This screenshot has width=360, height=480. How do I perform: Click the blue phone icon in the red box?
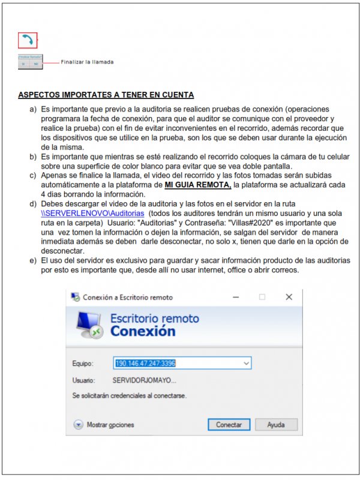(28, 40)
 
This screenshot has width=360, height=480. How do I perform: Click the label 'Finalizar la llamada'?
(87, 62)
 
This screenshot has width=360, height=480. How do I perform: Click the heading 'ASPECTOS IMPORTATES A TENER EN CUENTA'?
(106, 95)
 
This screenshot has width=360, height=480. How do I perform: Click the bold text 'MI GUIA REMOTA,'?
(197, 185)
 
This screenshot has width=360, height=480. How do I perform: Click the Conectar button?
(229, 424)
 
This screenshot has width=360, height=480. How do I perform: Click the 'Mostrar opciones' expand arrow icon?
(78, 424)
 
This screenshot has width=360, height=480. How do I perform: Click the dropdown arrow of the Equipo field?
(246, 363)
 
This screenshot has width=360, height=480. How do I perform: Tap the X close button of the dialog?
(289, 297)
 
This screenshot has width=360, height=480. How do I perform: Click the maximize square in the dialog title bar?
(262, 297)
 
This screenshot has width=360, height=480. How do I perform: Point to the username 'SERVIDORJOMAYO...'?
(145, 380)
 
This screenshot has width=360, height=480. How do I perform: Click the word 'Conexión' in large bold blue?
(143, 331)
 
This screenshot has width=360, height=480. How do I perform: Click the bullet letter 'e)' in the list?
(34, 260)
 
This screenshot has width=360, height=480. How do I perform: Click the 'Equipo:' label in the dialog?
(83, 364)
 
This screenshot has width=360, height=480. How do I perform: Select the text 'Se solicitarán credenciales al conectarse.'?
(129, 396)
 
